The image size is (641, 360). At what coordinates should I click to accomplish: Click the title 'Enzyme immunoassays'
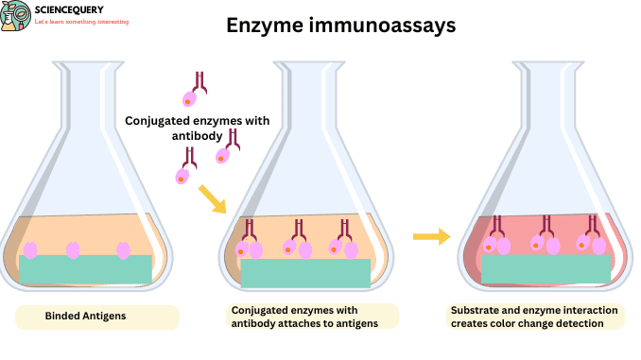tap(340, 26)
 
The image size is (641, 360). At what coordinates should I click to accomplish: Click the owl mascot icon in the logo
tap(16, 17)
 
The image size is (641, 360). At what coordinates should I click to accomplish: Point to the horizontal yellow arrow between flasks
tap(432, 236)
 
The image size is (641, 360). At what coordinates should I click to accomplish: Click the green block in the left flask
tap(85, 269)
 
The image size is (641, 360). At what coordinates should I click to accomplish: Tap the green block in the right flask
tap(546, 269)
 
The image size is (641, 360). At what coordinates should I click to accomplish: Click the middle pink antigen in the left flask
tap(73, 249)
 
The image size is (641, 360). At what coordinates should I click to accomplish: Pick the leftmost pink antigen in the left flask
tap(30, 249)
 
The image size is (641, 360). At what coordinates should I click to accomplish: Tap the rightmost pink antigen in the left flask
tap(123, 250)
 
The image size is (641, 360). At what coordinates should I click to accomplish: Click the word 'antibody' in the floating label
tap(198, 135)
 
